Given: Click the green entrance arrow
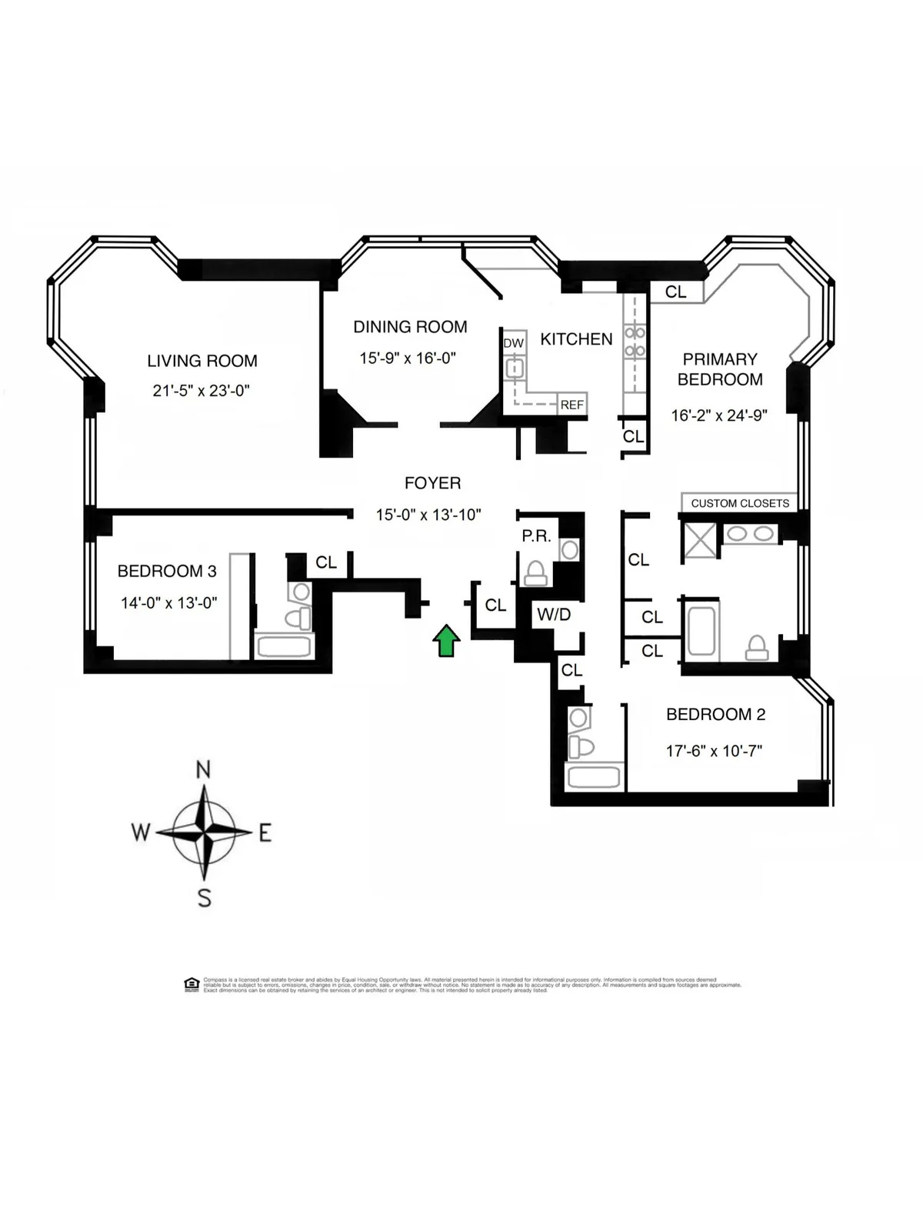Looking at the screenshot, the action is click(446, 641).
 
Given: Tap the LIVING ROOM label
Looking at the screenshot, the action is click(202, 361).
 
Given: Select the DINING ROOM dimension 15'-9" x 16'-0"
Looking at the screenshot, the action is click(408, 358).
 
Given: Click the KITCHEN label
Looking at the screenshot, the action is click(576, 339).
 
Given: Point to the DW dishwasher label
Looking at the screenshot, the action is click(513, 343).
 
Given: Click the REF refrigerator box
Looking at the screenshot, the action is click(571, 405).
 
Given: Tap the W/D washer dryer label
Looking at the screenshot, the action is click(554, 615).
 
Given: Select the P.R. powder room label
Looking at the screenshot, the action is click(536, 536).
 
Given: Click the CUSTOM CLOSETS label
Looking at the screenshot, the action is click(740, 503).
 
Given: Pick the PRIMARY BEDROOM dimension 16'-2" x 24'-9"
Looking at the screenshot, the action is click(719, 415).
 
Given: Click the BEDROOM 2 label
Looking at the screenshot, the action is click(715, 715).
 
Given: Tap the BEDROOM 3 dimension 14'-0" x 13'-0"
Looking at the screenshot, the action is click(168, 603).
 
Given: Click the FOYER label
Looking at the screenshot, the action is click(432, 483).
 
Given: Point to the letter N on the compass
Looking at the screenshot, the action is click(203, 769).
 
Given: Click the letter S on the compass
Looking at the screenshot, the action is click(204, 898).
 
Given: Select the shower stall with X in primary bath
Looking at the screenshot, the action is click(700, 540).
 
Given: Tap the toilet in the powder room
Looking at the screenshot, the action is click(535, 573).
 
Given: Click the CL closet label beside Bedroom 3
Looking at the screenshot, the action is click(326, 562).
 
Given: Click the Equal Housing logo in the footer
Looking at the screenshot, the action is click(192, 984).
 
